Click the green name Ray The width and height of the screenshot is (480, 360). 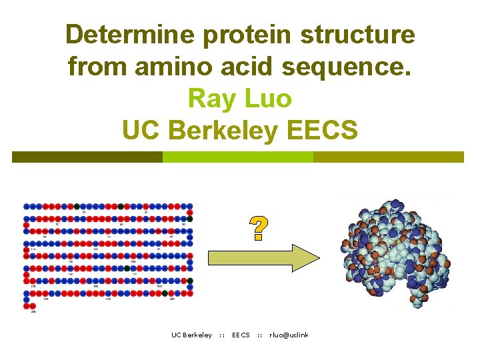(211, 98)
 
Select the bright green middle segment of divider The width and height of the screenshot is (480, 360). (237, 157)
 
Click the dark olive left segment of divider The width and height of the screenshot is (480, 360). (87, 157)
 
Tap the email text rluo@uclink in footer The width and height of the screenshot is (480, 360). (289, 335)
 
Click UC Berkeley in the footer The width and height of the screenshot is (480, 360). (191, 335)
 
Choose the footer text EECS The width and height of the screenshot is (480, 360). (241, 335)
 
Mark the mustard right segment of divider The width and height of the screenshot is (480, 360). (388, 157)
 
